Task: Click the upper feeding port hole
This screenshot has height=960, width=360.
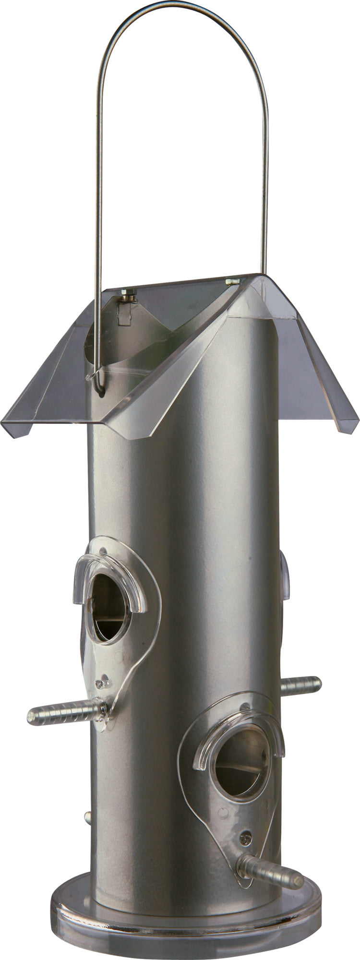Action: [x=110, y=607]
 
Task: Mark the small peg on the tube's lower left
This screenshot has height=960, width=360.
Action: [x=88, y=816]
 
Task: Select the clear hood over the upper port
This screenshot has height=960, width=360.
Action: [x=109, y=571]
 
